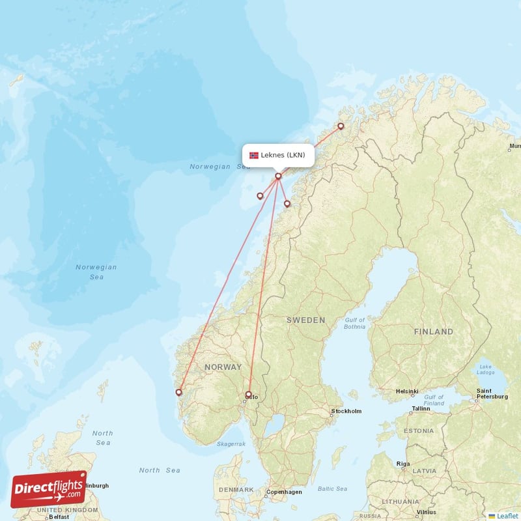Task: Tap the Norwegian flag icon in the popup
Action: click(x=254, y=155)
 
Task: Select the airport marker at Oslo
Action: click(x=248, y=394)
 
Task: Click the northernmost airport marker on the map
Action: click(x=340, y=126)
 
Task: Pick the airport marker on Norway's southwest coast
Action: click(x=179, y=392)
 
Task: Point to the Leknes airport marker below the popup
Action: click(x=278, y=176)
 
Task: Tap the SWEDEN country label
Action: click(x=305, y=320)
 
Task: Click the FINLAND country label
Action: click(x=433, y=331)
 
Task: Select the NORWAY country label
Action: click(x=223, y=367)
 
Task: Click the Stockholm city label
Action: click(x=346, y=411)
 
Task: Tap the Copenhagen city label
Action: click(x=285, y=492)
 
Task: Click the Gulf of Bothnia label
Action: click(x=355, y=323)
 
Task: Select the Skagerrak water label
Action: click(x=231, y=444)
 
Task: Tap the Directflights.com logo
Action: click(x=49, y=489)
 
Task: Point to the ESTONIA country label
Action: click(x=418, y=431)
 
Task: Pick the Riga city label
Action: click(x=403, y=464)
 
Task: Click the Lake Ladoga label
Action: click(x=485, y=371)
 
